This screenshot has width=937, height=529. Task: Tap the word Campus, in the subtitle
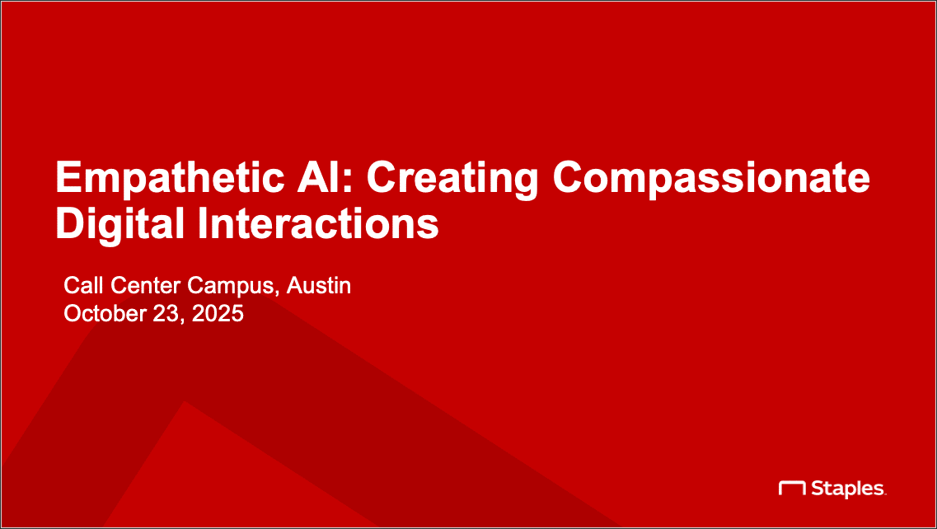pos(234,287)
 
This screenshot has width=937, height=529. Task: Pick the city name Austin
pos(318,286)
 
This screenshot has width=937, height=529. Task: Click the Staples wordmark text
pos(849,489)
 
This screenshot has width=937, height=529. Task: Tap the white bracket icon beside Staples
pos(793,488)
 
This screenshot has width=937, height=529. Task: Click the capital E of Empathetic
pos(67,176)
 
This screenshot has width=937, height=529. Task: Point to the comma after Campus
pos(277,293)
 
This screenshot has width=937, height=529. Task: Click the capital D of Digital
pos(68,223)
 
